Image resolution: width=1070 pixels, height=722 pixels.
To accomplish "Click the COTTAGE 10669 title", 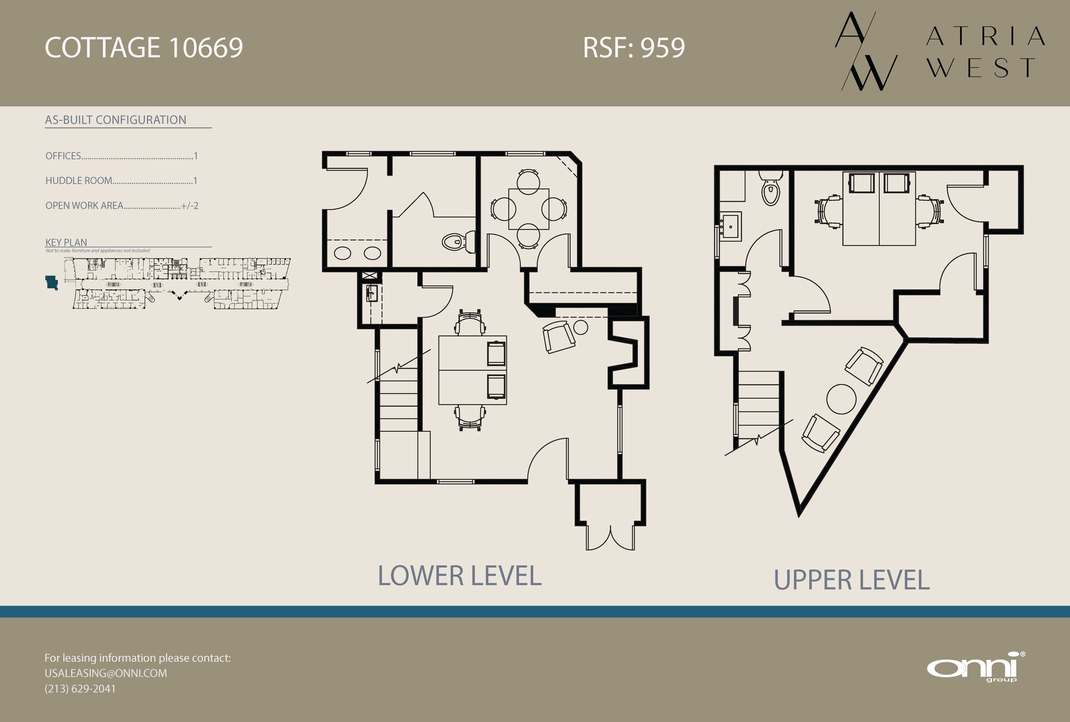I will pyautogui.click(x=144, y=48).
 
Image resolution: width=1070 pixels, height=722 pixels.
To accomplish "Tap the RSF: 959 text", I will pyautogui.click(x=633, y=48).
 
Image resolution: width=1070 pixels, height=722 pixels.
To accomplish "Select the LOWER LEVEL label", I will pyautogui.click(x=459, y=576).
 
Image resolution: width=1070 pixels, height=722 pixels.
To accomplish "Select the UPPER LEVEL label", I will pyautogui.click(x=851, y=580).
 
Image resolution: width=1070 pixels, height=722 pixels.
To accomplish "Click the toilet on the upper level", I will pyautogui.click(x=771, y=190).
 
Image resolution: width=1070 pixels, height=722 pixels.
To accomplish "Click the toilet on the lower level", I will pyautogui.click(x=457, y=242).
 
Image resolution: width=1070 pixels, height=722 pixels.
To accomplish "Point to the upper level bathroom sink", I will pyautogui.click(x=730, y=226).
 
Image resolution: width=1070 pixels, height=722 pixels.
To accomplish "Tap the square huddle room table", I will pyautogui.click(x=529, y=209).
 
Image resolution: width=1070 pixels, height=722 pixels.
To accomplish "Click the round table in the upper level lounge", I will pyautogui.click(x=841, y=399).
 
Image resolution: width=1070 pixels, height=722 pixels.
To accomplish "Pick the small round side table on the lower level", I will pyautogui.click(x=580, y=328).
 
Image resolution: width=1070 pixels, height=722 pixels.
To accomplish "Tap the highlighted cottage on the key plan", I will pyautogui.click(x=52, y=283).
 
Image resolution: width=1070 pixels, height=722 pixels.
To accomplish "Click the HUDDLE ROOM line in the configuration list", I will pyautogui.click(x=121, y=181).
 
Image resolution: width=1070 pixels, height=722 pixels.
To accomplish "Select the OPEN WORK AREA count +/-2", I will pyautogui.click(x=189, y=206).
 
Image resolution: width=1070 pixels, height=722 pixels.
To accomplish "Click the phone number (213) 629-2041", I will pyautogui.click(x=80, y=689).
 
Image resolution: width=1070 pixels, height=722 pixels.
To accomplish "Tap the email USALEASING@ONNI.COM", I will pyautogui.click(x=106, y=673).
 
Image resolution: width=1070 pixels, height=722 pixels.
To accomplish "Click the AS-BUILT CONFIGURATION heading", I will pyautogui.click(x=115, y=120).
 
